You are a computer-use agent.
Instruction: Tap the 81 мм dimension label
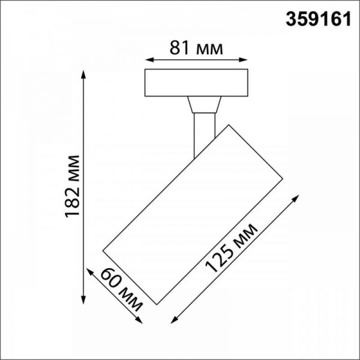tap(196, 47)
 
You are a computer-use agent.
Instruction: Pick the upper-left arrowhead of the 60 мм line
tap(89, 270)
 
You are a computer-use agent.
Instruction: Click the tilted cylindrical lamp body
tap(192, 213)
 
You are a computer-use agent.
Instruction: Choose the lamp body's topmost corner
tap(227, 125)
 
